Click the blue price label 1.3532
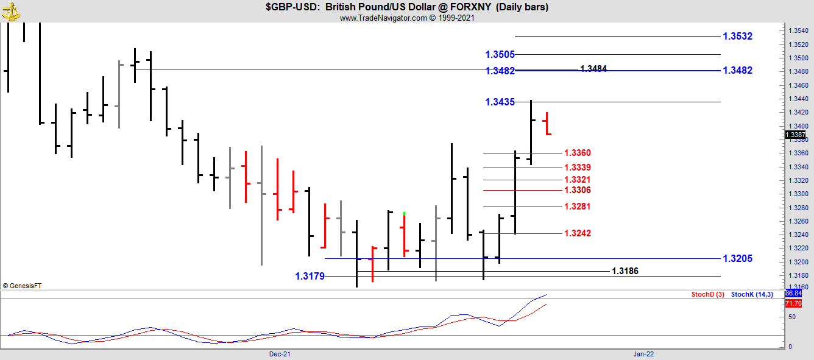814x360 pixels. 737,37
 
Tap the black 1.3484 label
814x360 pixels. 593,69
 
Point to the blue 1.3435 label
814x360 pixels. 500,102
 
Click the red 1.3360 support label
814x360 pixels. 577,153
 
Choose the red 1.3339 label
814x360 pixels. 577,168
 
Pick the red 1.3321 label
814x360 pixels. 577,180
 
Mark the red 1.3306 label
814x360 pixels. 577,190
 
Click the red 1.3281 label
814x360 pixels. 577,206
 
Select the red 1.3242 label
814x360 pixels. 577,233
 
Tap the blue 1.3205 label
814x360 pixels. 737,259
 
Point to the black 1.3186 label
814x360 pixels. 625,271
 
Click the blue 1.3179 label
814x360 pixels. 310,277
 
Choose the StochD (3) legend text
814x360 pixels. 707,295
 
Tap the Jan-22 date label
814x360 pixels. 643,354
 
